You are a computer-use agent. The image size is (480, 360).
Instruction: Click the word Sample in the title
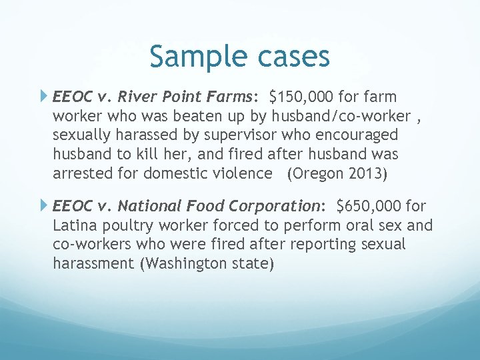coord(193,57)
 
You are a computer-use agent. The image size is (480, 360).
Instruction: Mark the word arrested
coord(79,173)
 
